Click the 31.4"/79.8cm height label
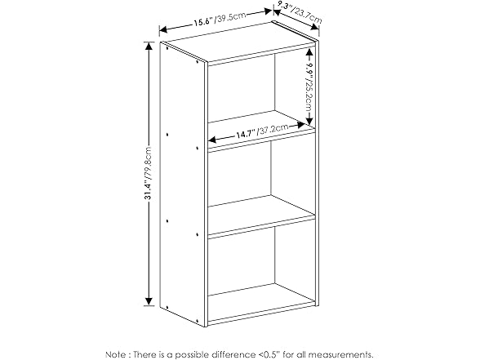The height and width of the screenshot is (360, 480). click(148, 175)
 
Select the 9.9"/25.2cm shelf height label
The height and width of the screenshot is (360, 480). click(311, 86)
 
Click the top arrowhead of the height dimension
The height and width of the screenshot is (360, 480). click(148, 47)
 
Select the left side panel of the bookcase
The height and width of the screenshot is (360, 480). click(184, 180)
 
